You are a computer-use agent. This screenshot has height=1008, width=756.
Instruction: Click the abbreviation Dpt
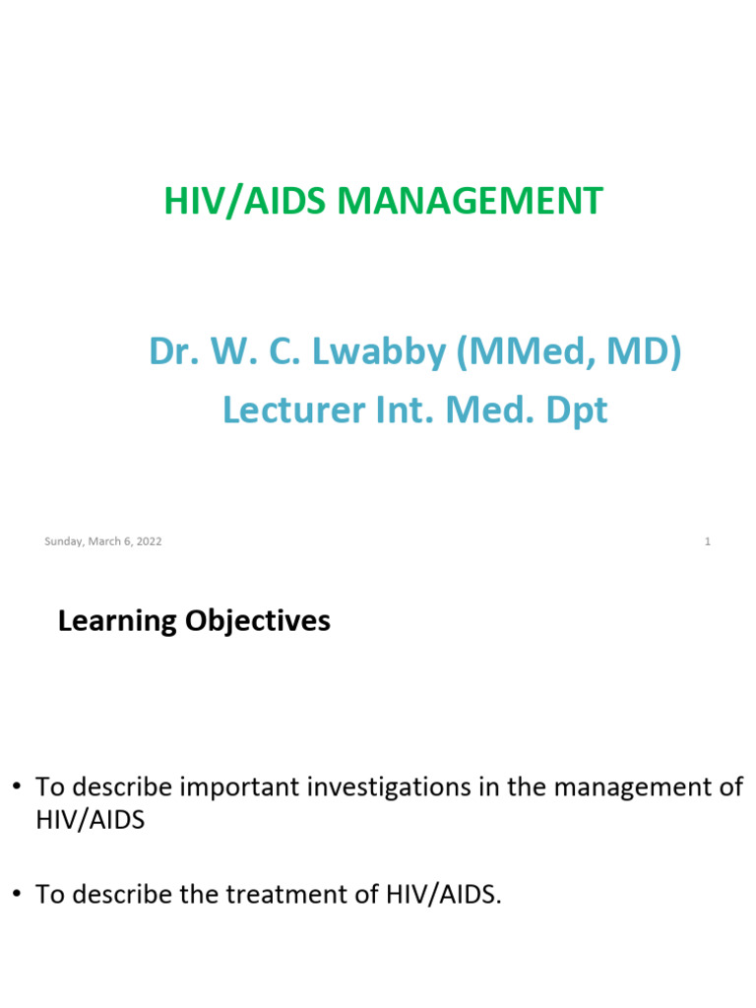(x=575, y=410)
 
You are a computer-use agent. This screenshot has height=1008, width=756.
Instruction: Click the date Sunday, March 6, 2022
(x=103, y=541)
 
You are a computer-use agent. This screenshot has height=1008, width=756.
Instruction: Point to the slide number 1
(x=708, y=541)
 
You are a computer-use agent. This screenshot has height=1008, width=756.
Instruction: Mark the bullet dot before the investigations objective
(x=17, y=788)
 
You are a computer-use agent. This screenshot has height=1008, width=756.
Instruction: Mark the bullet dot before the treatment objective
(x=17, y=895)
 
